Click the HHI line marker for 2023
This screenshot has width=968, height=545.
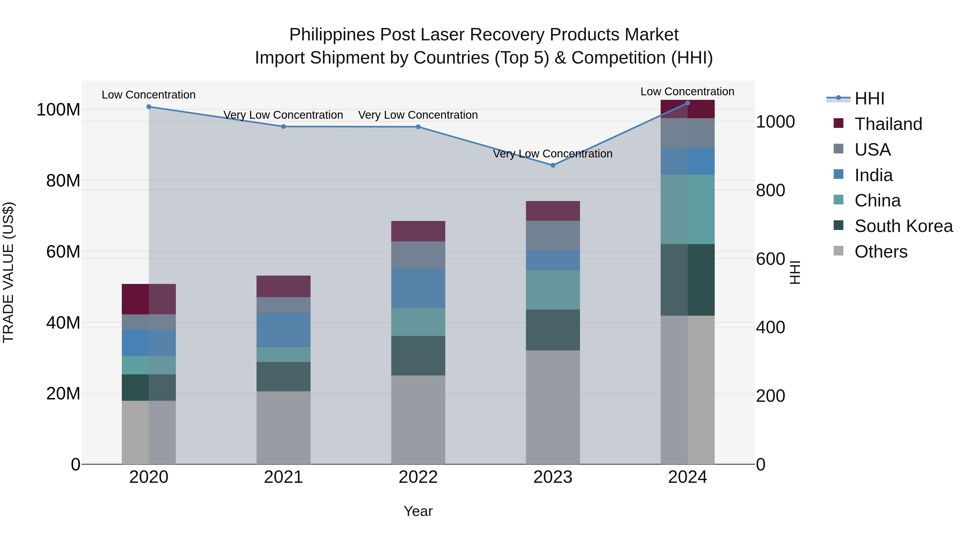[553, 165]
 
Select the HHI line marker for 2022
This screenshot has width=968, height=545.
[418, 127]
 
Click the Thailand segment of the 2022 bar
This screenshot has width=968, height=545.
[418, 231]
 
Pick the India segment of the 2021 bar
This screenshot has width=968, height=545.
[283, 330]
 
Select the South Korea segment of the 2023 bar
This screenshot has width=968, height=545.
[553, 330]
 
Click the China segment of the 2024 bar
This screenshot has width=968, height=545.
[688, 209]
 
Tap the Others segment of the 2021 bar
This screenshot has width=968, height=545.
[283, 428]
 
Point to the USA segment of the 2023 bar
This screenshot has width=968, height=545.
[553, 235]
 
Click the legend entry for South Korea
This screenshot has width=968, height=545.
[903, 226]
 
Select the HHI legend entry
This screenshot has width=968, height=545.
[869, 99]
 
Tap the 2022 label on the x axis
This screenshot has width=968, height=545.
[418, 477]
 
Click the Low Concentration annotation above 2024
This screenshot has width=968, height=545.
[687, 92]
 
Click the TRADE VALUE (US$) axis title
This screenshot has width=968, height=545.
[9, 272]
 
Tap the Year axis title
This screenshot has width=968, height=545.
[418, 511]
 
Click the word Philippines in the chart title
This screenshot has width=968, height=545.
[332, 35]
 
